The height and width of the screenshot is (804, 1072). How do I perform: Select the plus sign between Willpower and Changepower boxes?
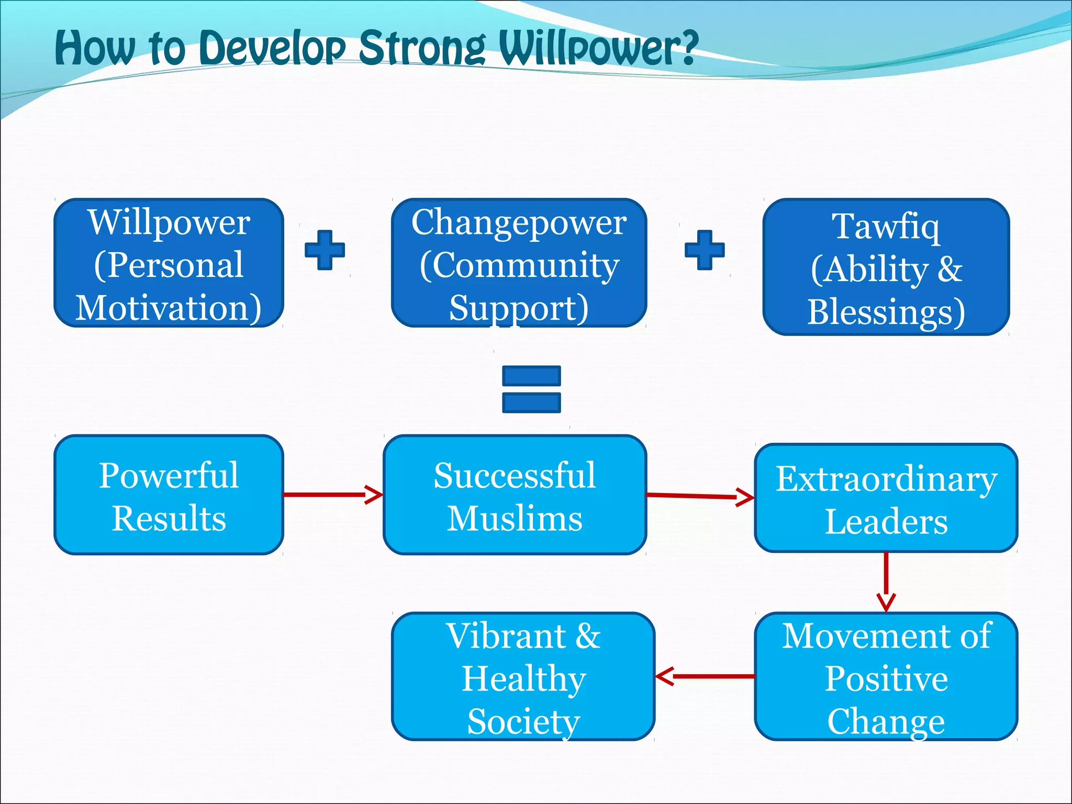(x=325, y=250)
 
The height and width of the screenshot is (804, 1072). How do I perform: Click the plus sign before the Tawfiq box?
(x=705, y=250)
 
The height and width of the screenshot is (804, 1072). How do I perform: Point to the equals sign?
(x=531, y=389)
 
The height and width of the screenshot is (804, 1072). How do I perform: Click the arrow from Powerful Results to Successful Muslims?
(x=333, y=494)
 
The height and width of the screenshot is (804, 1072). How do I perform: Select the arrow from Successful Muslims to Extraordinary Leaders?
(x=700, y=496)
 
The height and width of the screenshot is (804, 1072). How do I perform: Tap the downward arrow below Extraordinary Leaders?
(x=886, y=581)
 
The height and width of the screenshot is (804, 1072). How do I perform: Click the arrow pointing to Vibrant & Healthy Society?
(x=705, y=676)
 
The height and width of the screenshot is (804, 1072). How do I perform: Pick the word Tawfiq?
(x=886, y=227)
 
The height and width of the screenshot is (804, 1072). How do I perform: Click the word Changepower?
(x=519, y=223)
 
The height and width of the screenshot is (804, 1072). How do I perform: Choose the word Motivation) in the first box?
(x=169, y=308)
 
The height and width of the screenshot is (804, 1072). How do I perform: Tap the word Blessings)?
(x=886, y=312)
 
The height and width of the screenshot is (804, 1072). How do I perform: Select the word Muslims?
(x=515, y=519)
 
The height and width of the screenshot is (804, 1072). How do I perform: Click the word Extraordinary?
(x=886, y=479)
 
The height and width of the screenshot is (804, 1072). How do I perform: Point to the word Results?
(x=169, y=519)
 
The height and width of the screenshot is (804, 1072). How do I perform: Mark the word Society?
(x=523, y=721)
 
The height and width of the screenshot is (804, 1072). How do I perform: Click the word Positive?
(x=886, y=679)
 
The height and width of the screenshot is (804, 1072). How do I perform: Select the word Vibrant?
(x=505, y=636)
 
